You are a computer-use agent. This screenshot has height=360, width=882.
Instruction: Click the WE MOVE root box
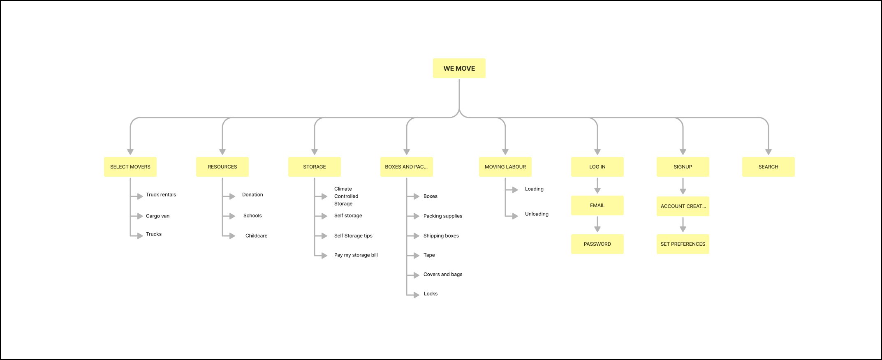click(x=459, y=68)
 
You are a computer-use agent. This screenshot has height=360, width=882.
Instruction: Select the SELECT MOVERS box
click(x=130, y=167)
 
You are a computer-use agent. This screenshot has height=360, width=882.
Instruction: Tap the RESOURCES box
click(x=222, y=167)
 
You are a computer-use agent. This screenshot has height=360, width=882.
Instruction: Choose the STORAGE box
click(x=315, y=167)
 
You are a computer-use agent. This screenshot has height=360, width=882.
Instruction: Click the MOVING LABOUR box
click(x=505, y=167)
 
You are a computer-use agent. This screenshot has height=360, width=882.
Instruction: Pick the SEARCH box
click(x=769, y=167)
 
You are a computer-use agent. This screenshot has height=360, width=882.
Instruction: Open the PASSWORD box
click(x=597, y=244)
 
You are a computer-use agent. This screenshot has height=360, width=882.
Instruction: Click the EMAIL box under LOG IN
click(x=597, y=205)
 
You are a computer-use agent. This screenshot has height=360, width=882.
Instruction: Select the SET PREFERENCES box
click(x=683, y=244)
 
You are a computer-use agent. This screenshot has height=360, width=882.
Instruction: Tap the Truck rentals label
click(x=161, y=195)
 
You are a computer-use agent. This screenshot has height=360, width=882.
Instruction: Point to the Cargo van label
click(x=157, y=216)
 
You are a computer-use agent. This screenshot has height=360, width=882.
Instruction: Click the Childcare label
click(x=256, y=236)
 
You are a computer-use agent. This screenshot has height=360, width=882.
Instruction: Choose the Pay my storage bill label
click(x=356, y=255)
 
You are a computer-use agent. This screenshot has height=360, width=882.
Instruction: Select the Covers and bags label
click(x=443, y=275)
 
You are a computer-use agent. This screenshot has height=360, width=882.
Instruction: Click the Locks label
click(x=431, y=294)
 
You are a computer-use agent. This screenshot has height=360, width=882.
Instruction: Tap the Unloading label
click(x=537, y=214)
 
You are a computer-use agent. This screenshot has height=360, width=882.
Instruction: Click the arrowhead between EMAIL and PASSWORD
click(x=597, y=229)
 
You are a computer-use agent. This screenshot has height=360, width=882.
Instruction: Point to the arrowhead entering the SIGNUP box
click(x=683, y=152)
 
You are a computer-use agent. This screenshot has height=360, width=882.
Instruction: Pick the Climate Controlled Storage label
click(x=346, y=196)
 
